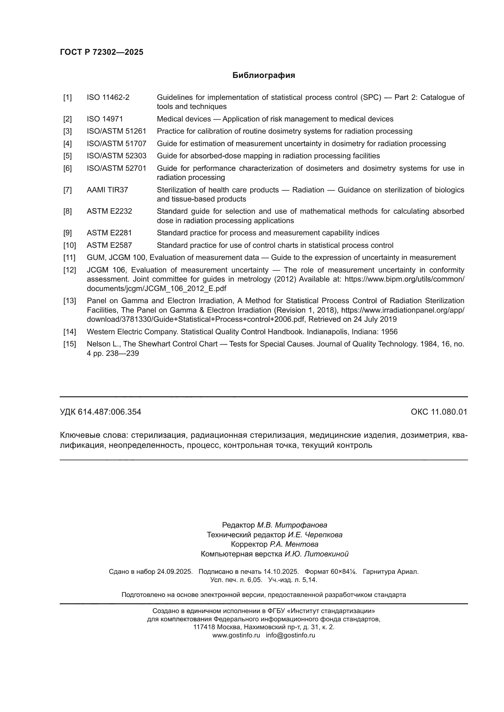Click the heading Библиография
(264, 75)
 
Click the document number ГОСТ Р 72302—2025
(101, 52)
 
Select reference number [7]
(67, 190)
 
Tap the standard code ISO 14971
(105, 119)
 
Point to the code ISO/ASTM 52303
(116, 156)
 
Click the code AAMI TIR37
(107, 190)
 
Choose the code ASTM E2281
(109, 233)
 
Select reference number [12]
(69, 270)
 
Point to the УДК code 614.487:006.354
(109, 412)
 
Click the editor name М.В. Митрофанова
(292, 525)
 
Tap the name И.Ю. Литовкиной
(317, 554)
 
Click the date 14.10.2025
(281, 572)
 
